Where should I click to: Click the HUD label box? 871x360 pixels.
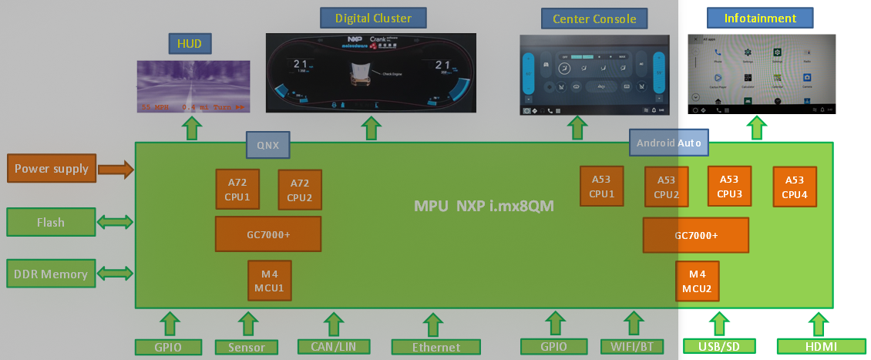point(190,44)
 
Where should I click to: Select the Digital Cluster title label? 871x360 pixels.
point(373,17)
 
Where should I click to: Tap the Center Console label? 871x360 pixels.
point(589,18)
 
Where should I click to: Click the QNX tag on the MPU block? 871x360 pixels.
point(268,144)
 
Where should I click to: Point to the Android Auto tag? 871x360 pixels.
point(668,143)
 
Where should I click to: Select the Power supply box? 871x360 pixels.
point(52,169)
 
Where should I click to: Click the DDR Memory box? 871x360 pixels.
point(52,274)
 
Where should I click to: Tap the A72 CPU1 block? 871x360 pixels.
point(237,190)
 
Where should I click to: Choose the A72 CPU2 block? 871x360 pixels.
point(299,190)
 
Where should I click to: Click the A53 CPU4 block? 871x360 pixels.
point(795,187)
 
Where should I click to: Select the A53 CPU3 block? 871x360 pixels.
point(729,187)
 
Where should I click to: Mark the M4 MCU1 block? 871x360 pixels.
point(269,281)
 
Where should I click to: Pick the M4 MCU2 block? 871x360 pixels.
point(697,281)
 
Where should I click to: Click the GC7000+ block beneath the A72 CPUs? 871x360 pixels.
point(267,234)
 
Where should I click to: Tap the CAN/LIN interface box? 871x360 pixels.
point(333,347)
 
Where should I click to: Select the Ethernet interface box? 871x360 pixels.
point(435,347)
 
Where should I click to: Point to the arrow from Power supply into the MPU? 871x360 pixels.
point(116,169)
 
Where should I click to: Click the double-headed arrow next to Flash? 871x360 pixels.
point(116,222)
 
